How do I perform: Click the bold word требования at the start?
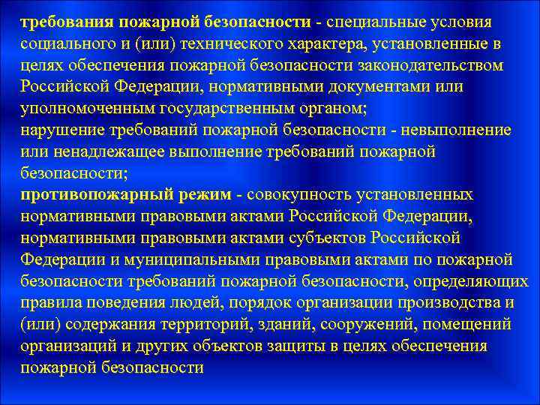[x=62, y=22]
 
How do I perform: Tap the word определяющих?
[x=470, y=282]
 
